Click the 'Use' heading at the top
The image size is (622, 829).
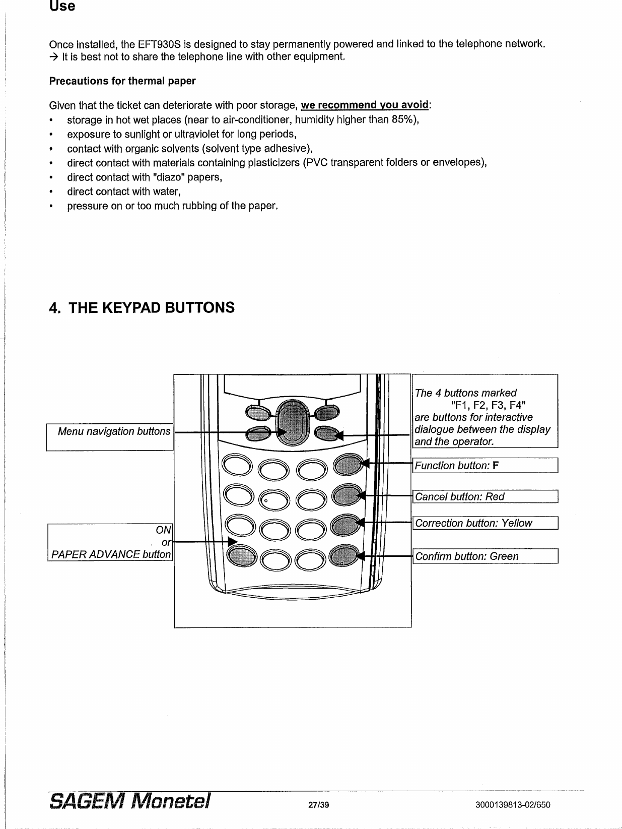tap(62, 7)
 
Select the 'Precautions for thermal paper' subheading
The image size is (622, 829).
tap(122, 81)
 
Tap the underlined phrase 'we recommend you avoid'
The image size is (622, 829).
tap(365, 105)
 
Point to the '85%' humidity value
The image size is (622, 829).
tap(403, 120)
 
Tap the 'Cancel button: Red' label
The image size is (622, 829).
tap(459, 497)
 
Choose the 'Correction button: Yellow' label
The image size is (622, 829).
tap(473, 523)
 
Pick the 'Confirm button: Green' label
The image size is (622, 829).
tap(466, 556)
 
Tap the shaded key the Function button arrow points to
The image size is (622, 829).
tap(348, 463)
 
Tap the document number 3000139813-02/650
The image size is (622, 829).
tap(513, 805)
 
